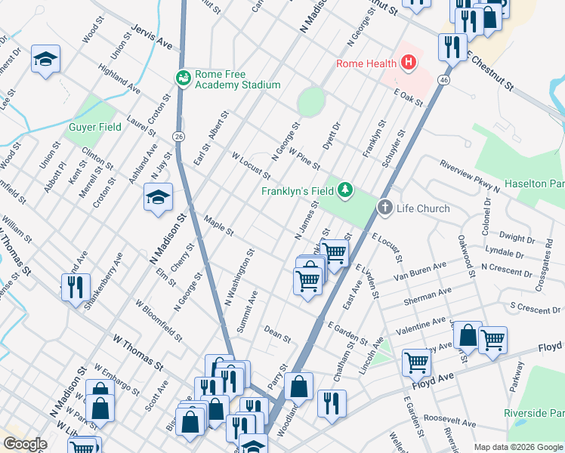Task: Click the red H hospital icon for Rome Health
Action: click(409, 63)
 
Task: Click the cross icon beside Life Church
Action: click(384, 208)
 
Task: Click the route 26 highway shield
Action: click(178, 136)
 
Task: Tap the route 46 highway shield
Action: click(444, 79)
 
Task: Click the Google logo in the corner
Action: click(24, 444)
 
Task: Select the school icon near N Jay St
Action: click(157, 198)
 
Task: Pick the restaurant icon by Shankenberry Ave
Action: click(76, 288)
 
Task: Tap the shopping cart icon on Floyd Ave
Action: click(416, 362)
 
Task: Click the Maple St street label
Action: click(219, 224)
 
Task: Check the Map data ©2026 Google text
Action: click(517, 447)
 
